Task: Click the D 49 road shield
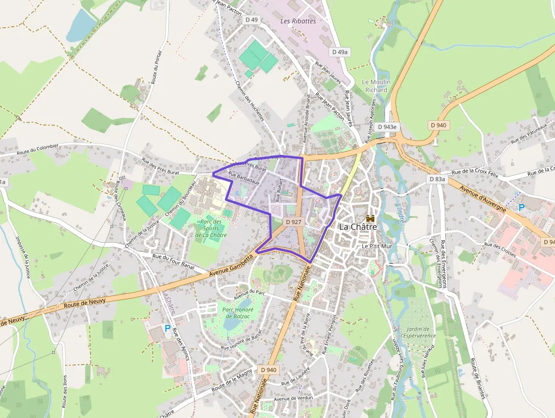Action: pos(251,20)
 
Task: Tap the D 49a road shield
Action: pos(340,52)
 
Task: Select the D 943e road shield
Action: pos(387,127)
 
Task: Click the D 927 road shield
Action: pos(293,222)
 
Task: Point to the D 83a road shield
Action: pos(437,179)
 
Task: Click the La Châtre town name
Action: pos(357,227)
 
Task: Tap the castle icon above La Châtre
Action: pos(371,218)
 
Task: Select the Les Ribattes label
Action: pos(298,21)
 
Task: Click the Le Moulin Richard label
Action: pos(375,86)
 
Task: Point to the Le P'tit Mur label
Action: pos(377,247)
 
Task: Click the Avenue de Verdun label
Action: pos(293,398)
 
